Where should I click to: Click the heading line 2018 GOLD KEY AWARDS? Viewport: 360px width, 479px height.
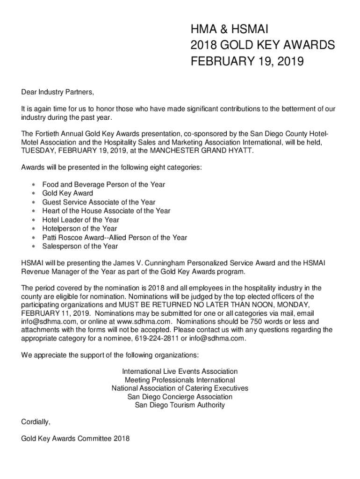(x=262, y=45)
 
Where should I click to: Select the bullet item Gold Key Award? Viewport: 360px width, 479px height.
(x=67, y=193)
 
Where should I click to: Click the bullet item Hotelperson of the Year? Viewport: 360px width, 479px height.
(x=79, y=229)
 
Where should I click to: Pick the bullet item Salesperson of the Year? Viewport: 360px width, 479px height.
(x=80, y=247)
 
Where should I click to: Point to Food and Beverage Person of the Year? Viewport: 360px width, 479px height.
(x=103, y=185)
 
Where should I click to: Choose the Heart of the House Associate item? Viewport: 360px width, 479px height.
(x=106, y=211)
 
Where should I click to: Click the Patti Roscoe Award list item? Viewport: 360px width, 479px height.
(x=115, y=238)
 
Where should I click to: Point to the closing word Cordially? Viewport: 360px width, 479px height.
(x=36, y=421)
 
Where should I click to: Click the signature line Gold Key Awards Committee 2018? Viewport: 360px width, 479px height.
(x=75, y=439)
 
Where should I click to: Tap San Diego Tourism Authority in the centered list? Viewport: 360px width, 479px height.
(x=180, y=405)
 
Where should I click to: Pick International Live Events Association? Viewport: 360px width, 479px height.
(x=180, y=371)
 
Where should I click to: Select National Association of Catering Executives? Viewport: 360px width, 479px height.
(x=180, y=388)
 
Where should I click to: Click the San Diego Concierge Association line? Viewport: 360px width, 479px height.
(x=180, y=397)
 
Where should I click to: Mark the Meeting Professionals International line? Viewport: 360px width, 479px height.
(x=180, y=380)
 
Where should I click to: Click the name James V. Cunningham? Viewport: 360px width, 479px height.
(x=143, y=264)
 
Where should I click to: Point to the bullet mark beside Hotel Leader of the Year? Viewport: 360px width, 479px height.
(x=34, y=220)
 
